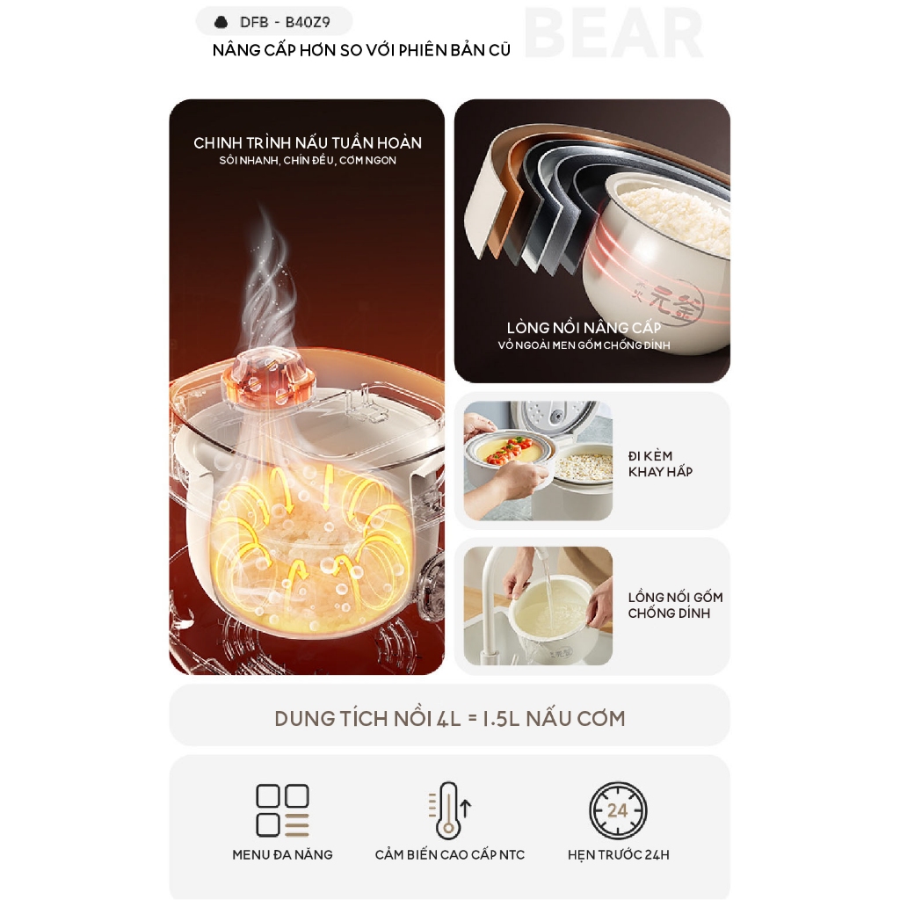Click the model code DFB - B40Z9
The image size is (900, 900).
[x=285, y=22]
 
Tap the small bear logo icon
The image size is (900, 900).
[x=221, y=22]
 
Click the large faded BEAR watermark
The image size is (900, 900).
[x=613, y=34]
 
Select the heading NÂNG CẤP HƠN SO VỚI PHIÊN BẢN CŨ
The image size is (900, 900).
[x=361, y=50]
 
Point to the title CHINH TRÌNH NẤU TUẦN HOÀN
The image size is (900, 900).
[x=308, y=143]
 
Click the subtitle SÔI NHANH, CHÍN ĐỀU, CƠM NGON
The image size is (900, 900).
[x=308, y=161]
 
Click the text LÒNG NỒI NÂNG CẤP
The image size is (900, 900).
[x=584, y=328]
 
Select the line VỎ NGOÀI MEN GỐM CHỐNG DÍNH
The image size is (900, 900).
[x=584, y=345]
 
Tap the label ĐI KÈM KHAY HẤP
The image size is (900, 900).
[x=660, y=464]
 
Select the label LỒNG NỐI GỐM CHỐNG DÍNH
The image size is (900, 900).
[x=675, y=605]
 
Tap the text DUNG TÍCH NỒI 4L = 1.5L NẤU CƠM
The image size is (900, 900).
[x=450, y=719]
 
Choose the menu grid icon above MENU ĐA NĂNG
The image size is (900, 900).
[x=282, y=809]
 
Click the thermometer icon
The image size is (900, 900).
[x=449, y=810]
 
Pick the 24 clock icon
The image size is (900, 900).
[x=618, y=809]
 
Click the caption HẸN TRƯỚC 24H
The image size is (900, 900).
[x=618, y=854]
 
